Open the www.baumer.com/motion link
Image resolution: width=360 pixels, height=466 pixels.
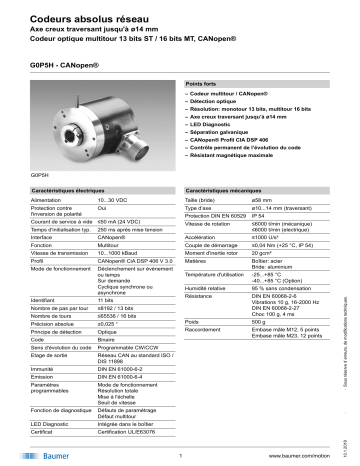(300, 454)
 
